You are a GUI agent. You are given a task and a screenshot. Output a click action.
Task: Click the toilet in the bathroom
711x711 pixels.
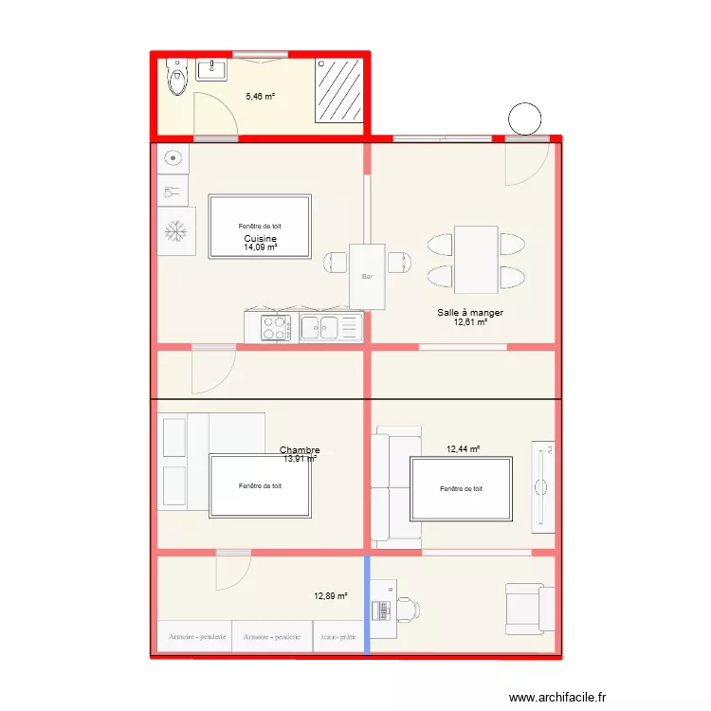pos(177,77)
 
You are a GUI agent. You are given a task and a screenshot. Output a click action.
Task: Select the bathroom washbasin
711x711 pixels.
pos(211,70)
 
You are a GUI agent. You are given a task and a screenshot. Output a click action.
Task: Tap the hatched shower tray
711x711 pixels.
pos(339,91)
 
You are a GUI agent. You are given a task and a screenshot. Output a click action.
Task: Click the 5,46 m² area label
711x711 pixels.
pos(261,97)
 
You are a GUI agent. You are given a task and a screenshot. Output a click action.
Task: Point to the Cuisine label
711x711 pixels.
pos(261,239)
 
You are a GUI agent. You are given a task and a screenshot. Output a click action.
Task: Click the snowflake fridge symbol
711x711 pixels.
pos(176,231)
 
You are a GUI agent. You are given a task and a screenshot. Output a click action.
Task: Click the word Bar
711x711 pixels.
pos(367,276)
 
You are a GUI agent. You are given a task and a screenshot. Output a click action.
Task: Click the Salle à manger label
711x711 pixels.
pos(470,313)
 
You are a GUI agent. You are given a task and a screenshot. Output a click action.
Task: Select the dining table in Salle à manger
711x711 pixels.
pos(476,260)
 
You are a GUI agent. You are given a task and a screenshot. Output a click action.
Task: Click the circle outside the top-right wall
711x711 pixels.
pos(524,118)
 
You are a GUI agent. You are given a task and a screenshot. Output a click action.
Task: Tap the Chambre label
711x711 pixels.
pos(300,449)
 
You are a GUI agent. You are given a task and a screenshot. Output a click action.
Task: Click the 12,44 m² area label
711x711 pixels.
pos(463,449)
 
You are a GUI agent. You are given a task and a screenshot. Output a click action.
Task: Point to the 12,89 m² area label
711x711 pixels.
pos(331,596)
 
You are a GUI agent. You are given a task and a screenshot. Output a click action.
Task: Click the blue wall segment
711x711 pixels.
pos(367,606)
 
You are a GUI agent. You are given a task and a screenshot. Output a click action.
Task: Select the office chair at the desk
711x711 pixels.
pos(408,610)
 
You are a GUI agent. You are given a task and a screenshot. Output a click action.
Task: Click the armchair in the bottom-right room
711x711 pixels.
pos(530,609)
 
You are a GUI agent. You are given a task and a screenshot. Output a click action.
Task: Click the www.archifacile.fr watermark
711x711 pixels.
pos(557,697)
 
